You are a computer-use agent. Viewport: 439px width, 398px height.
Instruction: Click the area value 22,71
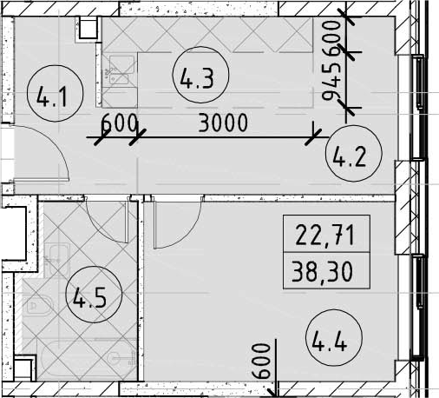325,235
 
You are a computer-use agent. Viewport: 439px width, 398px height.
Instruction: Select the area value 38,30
322,271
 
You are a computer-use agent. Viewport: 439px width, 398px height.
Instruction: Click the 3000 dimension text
223,123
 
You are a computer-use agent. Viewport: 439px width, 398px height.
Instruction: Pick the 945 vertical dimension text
331,82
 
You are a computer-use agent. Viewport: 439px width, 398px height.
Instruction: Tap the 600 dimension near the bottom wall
261,361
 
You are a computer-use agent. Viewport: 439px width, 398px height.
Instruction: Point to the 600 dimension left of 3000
119,123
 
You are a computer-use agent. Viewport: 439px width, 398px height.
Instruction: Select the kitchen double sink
119,70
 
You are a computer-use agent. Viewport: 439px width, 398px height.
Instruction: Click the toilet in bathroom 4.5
39,305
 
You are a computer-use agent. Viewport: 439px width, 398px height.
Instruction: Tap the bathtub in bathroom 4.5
88,359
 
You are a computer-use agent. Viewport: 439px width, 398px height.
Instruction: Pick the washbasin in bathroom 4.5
57,260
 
